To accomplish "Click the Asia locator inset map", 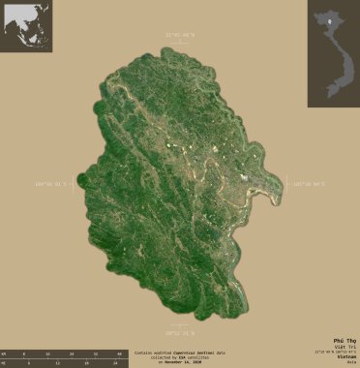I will [x=26, y=26].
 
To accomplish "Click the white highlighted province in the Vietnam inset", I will [x=329, y=16].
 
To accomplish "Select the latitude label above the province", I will [x=181, y=36].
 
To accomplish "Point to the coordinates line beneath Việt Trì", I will [x=340, y=353].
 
